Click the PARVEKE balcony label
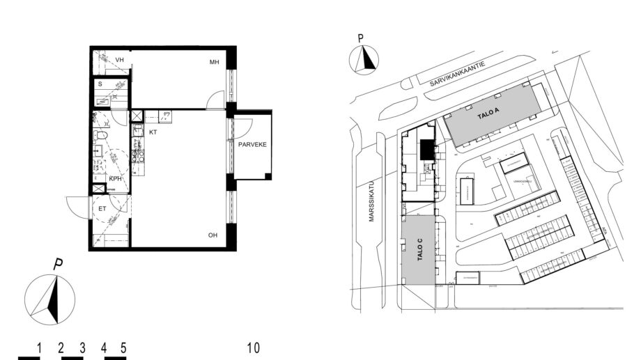pos(251,145)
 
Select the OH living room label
pos(213,235)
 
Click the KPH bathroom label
pos(115,179)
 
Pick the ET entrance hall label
pos(102,208)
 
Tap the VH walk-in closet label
pos(120,60)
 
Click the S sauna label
pos(100,84)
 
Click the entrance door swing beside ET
pos(78,206)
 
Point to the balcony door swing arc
pos(243,128)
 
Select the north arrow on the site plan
pos(365,60)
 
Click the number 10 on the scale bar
pos(254,347)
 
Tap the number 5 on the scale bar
pos(123,347)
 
